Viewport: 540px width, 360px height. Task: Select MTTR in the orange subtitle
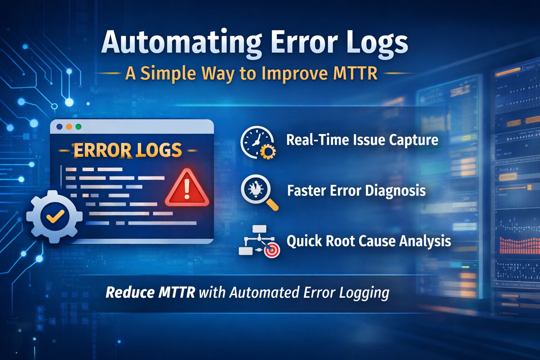(355, 73)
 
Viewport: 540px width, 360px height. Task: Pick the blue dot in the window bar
(59, 127)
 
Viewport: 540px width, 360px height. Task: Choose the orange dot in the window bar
(69, 127)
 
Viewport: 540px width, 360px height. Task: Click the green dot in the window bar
(78, 127)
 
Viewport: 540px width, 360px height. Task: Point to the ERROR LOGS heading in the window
(127, 150)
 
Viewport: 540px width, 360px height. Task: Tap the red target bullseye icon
(272, 250)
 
